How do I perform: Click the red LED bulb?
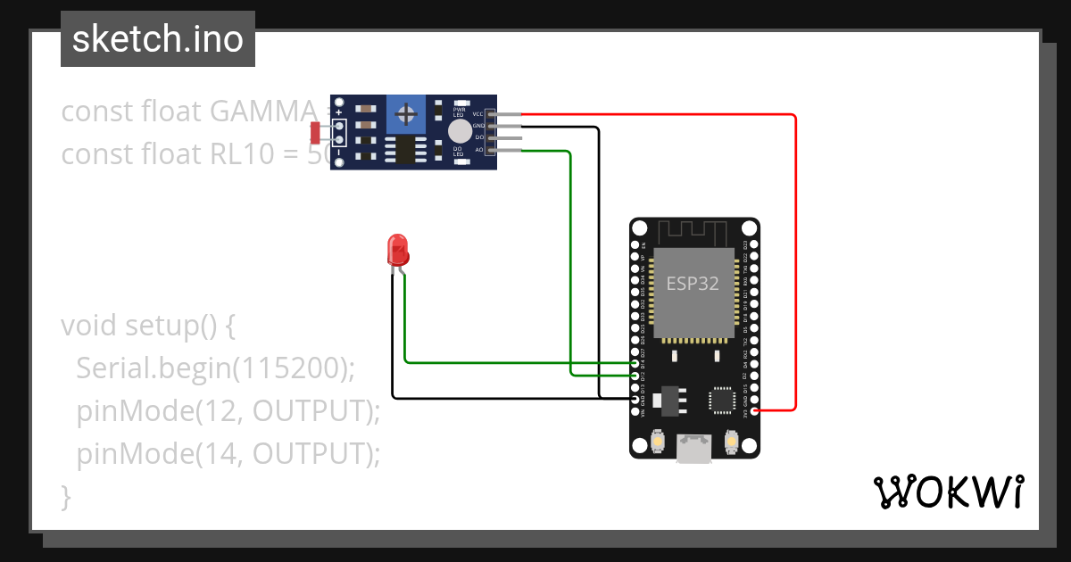pyautogui.click(x=397, y=249)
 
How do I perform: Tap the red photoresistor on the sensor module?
pyautogui.click(x=316, y=133)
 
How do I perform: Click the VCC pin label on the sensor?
pyautogui.click(x=477, y=114)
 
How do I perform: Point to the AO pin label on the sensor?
pyautogui.click(x=478, y=150)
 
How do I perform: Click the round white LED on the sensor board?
pyautogui.click(x=460, y=132)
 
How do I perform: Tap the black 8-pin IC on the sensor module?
pyautogui.click(x=407, y=149)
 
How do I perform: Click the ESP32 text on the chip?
pyautogui.click(x=693, y=285)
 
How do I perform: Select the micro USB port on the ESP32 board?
pyautogui.click(x=693, y=448)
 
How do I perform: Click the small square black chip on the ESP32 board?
pyautogui.click(x=723, y=401)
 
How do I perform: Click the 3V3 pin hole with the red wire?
pyautogui.click(x=756, y=410)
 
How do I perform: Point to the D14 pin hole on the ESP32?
pyautogui.click(x=635, y=363)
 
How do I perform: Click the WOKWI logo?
pyautogui.click(x=948, y=492)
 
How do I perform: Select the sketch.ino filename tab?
pyautogui.click(x=158, y=39)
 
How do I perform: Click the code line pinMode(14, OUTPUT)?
pyautogui.click(x=228, y=454)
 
